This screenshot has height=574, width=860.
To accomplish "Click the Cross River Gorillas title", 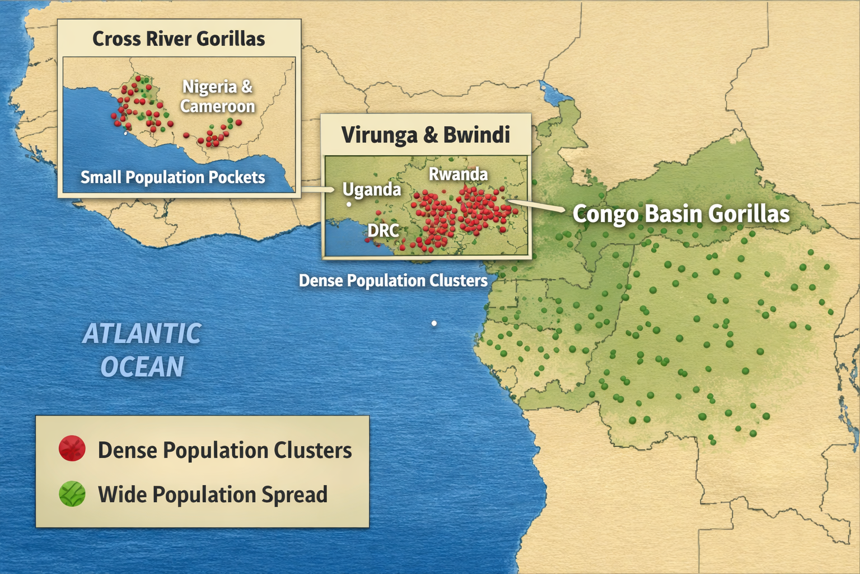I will click(179, 39).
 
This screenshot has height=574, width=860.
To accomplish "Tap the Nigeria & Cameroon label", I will click(217, 96).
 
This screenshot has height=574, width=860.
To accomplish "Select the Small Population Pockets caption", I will click(172, 177).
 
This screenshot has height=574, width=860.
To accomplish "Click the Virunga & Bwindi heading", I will click(426, 135).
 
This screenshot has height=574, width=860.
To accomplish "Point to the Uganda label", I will click(372, 189).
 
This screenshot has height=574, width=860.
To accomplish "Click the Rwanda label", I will click(458, 174).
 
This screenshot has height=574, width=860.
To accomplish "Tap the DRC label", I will click(384, 230).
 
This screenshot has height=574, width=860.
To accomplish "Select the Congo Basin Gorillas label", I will click(681, 214).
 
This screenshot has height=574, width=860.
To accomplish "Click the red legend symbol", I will click(72, 449).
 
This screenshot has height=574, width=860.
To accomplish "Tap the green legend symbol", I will click(72, 494).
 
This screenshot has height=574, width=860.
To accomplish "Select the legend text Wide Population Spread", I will click(212, 494).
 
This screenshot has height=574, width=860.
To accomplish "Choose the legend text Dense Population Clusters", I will click(225, 450).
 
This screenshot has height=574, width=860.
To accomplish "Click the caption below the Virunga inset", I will click(393, 280).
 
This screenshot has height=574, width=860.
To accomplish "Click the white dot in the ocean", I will click(434, 323).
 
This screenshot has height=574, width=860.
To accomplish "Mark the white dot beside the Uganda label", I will click(349, 204).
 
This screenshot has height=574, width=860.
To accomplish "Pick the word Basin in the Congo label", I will click(675, 214).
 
